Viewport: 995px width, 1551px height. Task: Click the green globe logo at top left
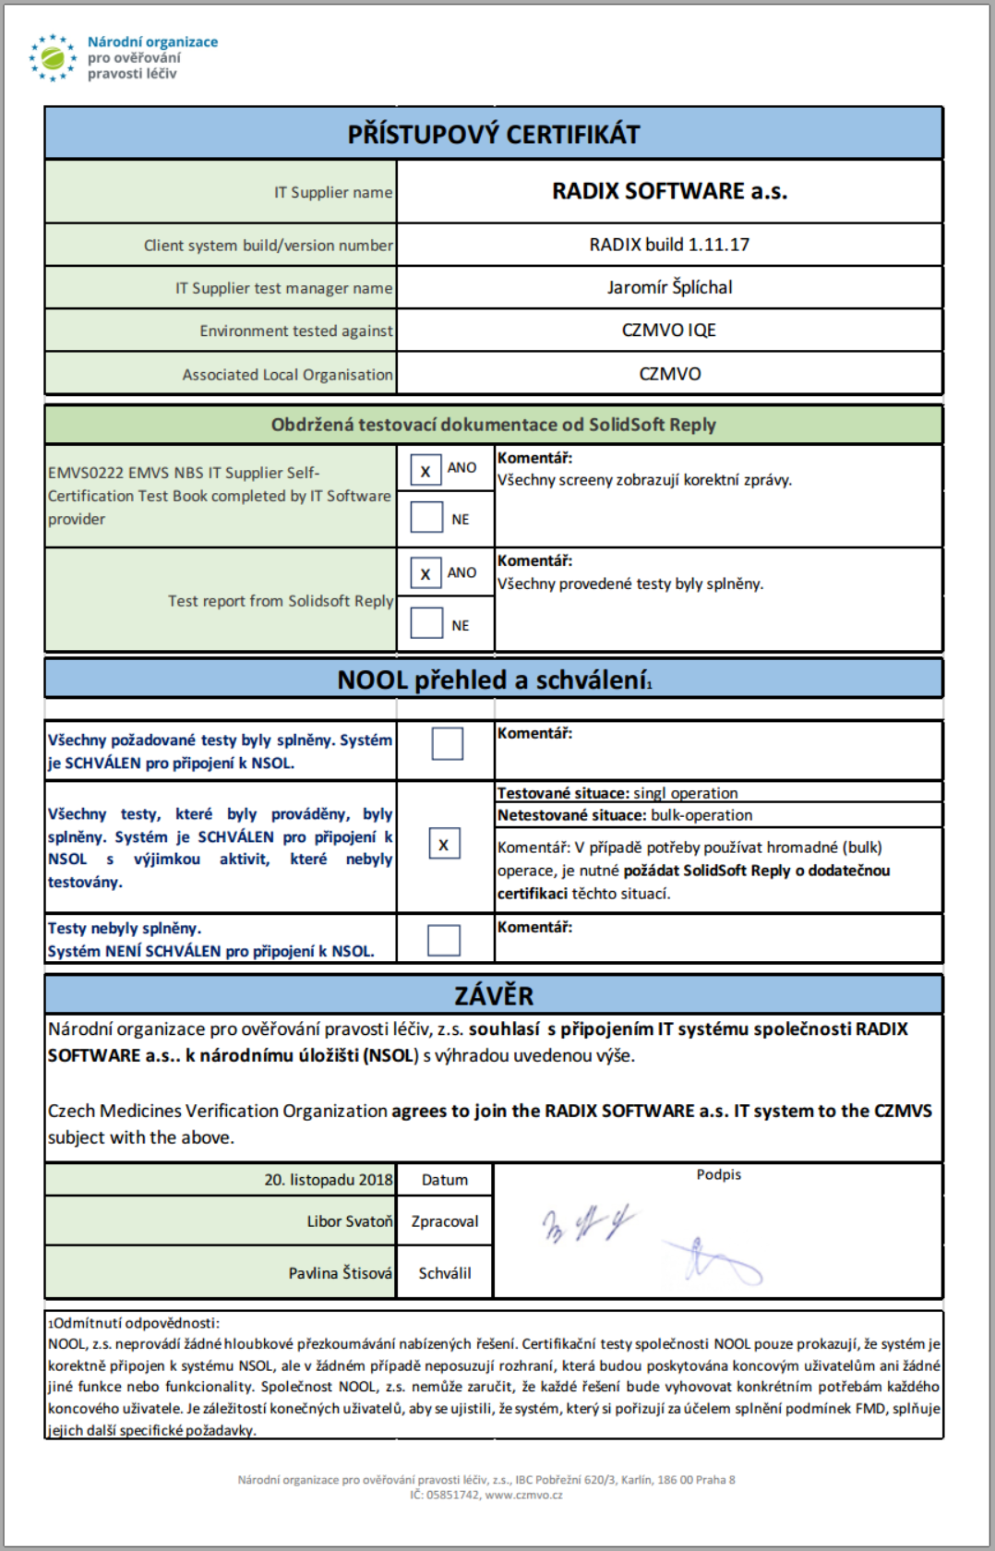pos(53,58)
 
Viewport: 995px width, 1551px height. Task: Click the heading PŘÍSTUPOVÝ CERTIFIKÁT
pos(493,135)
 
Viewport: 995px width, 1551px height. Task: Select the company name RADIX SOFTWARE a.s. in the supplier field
pos(669,191)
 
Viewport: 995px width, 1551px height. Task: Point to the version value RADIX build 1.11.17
pos(669,245)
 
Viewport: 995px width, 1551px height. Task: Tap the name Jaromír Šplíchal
pos(669,287)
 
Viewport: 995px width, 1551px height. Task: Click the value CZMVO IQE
pos(669,331)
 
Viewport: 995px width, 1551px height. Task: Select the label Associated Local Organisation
pos(287,375)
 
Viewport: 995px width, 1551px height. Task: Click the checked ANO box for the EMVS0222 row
pos(426,470)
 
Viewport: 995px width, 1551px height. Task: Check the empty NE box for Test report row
pos(426,623)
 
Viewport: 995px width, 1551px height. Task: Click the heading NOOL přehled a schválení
pos(493,680)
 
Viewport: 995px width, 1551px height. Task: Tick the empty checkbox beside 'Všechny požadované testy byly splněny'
pos(448,743)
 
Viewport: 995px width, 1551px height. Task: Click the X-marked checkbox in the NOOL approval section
pos(444,844)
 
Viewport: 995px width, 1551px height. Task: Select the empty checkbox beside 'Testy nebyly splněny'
pos(444,940)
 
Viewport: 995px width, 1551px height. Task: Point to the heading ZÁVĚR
pos(493,995)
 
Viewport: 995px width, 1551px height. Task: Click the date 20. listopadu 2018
pos(328,1180)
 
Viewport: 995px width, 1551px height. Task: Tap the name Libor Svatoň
pos(349,1221)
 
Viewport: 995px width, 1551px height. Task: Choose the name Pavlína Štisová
pos(340,1273)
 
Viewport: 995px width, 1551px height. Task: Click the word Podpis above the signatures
pos(718,1174)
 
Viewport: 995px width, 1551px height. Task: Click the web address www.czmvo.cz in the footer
pos(523,1495)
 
